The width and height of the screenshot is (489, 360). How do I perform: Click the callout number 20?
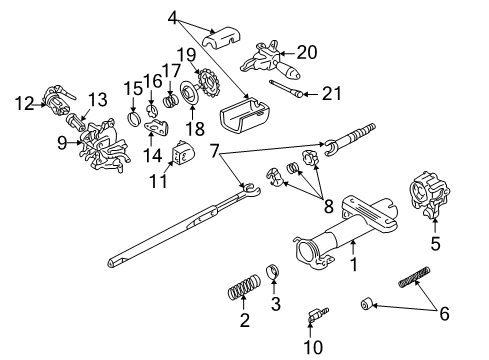point(307,52)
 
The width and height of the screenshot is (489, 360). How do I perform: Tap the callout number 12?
point(24,104)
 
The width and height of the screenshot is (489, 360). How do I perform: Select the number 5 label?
point(435,243)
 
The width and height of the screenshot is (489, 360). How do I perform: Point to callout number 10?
point(313,347)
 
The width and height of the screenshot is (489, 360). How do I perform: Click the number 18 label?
point(195,128)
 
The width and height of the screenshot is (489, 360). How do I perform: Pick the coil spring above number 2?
point(244,287)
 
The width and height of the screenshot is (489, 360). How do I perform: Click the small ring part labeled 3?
point(273,271)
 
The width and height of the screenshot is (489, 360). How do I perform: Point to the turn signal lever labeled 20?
point(270,61)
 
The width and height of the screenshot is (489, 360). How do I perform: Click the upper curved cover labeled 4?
point(222,37)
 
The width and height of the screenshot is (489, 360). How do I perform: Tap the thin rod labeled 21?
point(287,89)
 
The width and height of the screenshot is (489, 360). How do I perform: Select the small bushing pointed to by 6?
point(366,304)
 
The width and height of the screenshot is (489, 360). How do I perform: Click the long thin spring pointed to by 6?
point(414,276)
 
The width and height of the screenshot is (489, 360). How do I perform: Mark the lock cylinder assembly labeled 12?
point(59,100)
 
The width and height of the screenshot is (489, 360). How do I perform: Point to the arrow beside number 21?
point(311,94)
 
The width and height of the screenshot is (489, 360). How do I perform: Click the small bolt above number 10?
point(319,314)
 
